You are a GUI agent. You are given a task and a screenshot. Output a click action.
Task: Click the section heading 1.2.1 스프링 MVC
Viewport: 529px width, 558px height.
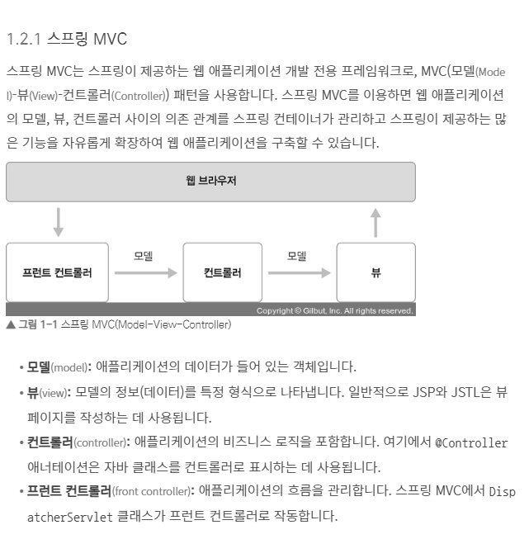[x=66, y=39]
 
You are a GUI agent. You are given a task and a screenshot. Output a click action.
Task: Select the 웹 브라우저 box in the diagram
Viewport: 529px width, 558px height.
[x=210, y=182]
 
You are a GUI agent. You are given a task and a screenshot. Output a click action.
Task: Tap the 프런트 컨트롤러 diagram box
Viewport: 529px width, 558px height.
[x=57, y=272]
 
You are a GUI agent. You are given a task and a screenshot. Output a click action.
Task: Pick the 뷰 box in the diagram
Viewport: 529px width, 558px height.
[x=375, y=272]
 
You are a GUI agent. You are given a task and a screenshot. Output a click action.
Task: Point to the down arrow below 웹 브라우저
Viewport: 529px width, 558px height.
[x=58, y=221]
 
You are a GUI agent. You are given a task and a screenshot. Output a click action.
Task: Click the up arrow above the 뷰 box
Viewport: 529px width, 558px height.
[x=375, y=222]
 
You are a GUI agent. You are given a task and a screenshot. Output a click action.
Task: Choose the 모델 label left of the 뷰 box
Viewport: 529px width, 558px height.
[x=297, y=256]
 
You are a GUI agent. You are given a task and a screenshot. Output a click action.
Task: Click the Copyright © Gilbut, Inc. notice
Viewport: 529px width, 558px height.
[x=334, y=311]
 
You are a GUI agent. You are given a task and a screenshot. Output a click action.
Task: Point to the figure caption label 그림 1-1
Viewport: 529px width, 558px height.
[x=37, y=324]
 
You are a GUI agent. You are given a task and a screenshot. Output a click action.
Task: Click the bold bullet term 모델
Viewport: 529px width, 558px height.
[x=39, y=366]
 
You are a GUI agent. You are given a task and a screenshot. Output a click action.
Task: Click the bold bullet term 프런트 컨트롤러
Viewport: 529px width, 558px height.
[x=69, y=492]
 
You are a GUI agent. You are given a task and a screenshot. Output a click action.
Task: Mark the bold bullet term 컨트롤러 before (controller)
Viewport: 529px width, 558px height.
[x=50, y=442]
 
